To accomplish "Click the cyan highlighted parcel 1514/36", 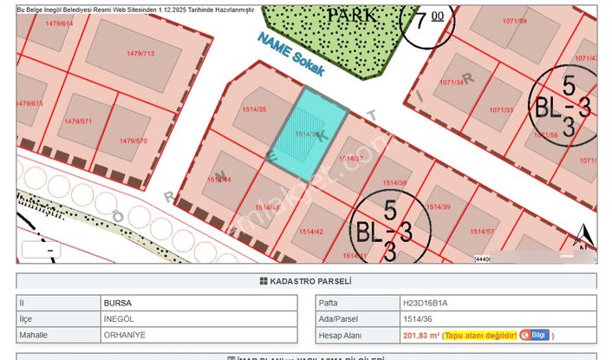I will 308,130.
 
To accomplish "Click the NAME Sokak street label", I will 291,54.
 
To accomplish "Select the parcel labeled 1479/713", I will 140,54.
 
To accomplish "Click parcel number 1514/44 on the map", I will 218,180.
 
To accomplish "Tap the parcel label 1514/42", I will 312,232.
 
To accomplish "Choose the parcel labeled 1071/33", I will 502,110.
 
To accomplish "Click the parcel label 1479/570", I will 133,141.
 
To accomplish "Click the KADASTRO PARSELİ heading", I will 306,282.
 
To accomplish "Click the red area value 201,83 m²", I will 420,335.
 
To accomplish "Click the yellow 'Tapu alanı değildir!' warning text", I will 482,335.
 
